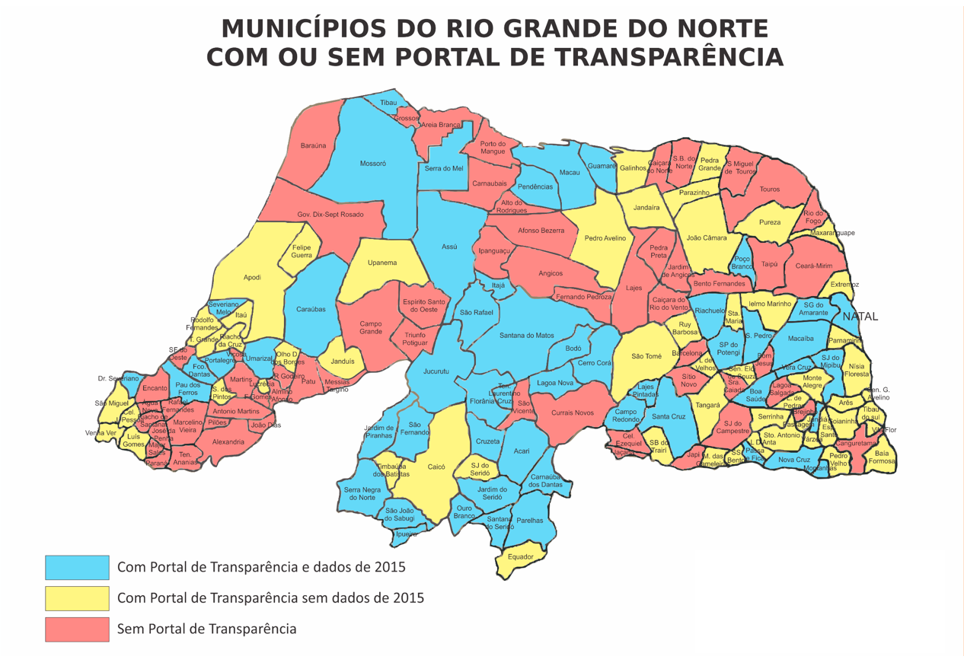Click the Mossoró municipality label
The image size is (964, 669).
point(372,164)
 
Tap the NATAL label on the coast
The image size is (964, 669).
point(860,317)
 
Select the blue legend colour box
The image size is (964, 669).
point(77,568)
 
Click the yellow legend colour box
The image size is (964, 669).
point(77,598)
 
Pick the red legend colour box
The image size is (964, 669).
point(77,629)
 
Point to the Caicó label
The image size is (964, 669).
point(436,467)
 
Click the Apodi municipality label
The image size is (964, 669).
point(252,278)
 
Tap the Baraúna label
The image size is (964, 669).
point(313,145)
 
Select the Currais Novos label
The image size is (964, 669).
point(572,413)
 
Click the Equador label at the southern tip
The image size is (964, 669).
point(521,557)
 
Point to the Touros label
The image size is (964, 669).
point(769,190)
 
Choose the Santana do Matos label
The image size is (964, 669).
point(526,336)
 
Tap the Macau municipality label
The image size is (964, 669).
point(570,173)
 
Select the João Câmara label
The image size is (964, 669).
point(706,238)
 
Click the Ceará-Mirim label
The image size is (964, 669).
point(814,266)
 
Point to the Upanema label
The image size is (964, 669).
point(382,263)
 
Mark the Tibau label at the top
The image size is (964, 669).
point(388,102)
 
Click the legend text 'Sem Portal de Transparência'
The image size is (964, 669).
point(206,629)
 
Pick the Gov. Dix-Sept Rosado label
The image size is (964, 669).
point(330,215)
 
